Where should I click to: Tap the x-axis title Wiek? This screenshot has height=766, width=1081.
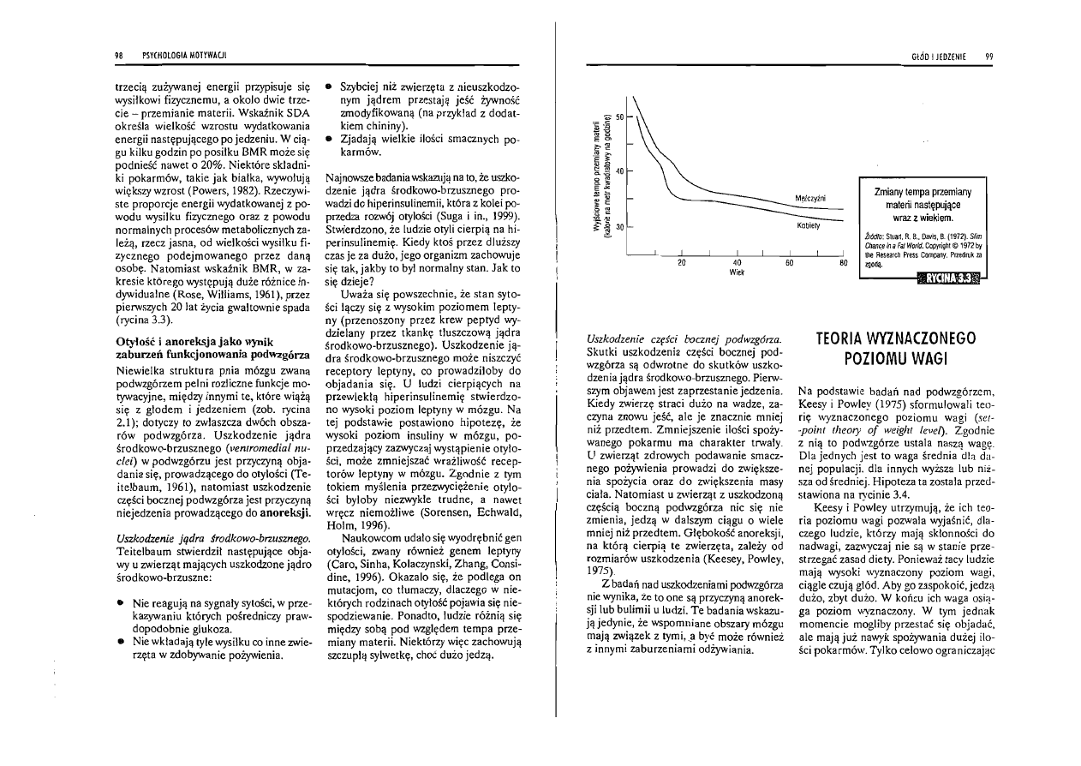point(736,273)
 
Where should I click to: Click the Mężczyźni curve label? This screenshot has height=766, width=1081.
point(809,198)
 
